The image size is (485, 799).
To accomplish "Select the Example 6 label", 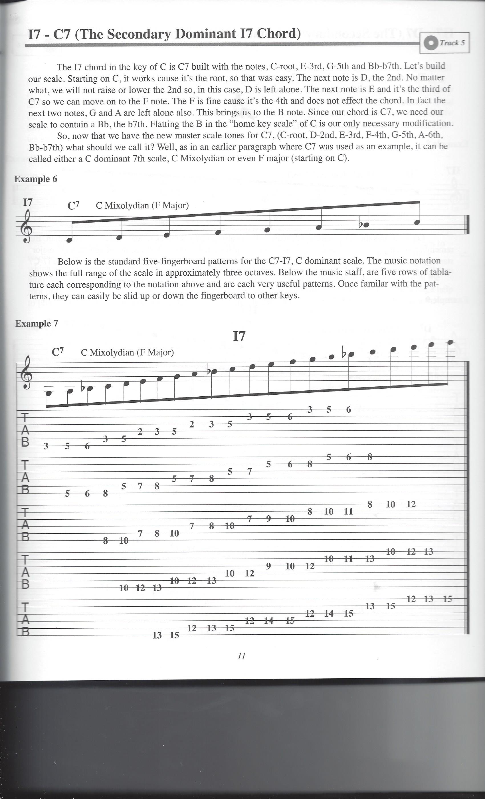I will click(x=36, y=179).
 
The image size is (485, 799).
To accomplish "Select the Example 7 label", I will click(x=37, y=323).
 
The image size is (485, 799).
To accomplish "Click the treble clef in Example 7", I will click(x=25, y=373).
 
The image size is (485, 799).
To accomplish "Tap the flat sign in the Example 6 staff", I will click(x=361, y=224).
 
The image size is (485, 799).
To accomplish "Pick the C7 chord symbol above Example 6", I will click(x=73, y=205).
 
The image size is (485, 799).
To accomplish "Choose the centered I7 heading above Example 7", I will click(x=239, y=336).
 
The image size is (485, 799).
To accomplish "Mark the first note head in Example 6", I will click(x=69, y=240).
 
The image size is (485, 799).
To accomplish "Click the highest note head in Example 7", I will click(x=450, y=342).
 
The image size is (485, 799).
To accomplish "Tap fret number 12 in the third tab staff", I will click(x=411, y=504).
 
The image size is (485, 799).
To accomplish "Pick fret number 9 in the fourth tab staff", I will click(x=268, y=566).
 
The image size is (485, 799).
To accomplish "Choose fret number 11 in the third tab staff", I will click(x=348, y=511).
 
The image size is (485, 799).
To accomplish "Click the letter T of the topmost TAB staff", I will click(x=25, y=417).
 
